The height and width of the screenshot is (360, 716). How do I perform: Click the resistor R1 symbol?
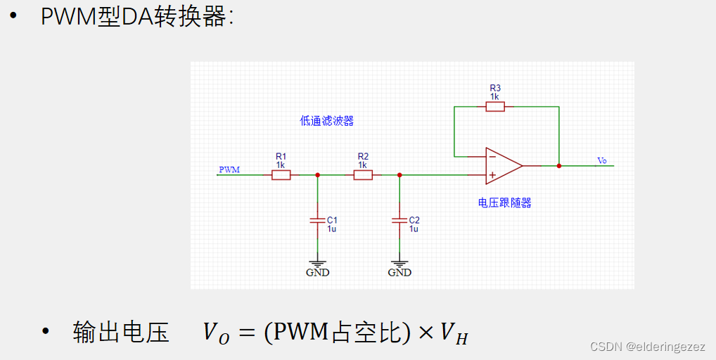281,174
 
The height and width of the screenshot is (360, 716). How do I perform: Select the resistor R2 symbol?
363,174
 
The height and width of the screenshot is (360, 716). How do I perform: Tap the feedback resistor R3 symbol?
495,107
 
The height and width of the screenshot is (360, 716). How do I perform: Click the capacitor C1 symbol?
317,221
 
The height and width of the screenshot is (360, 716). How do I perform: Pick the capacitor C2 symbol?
399,221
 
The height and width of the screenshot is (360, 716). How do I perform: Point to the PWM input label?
229,169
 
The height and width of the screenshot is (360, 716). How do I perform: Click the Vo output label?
602,161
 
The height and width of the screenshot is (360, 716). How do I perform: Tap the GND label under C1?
317,272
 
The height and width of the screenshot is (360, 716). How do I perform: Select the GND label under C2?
399,272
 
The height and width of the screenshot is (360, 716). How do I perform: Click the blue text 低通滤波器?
326,121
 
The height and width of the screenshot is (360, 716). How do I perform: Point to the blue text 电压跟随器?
504,203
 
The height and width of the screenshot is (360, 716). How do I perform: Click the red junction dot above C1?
317,174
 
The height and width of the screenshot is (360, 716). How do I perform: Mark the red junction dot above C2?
399,174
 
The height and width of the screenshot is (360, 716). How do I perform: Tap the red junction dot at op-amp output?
559,166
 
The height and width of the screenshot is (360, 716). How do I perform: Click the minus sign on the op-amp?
492,157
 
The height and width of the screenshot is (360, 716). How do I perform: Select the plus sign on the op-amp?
492,174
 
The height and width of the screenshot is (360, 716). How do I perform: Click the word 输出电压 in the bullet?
121,333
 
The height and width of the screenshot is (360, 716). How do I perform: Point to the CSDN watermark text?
647,347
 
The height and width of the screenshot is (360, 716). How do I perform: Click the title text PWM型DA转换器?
136,17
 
